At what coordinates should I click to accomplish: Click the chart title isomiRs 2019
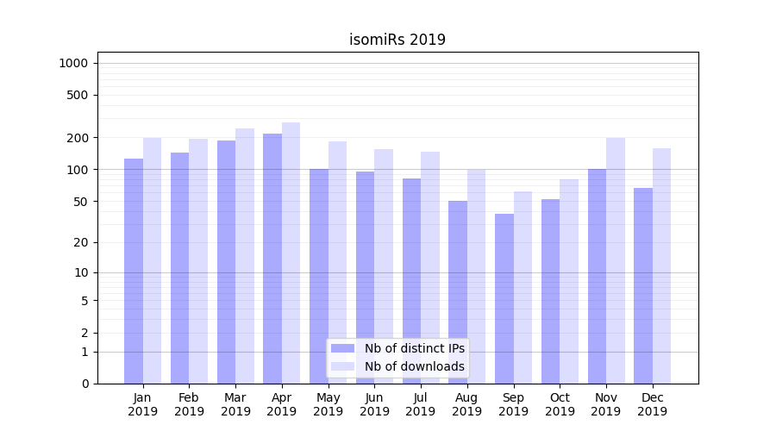[397, 40]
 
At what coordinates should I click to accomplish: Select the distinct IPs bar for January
[134, 271]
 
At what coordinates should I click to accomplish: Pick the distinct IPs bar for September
[504, 298]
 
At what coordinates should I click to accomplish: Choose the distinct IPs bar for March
[226, 262]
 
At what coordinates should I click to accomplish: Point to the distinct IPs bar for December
[643, 285]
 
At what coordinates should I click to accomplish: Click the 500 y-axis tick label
[77, 95]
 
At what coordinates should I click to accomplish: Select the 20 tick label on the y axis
[80, 242]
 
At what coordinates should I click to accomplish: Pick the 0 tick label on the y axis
[84, 384]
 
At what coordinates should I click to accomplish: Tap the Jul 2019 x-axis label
[421, 404]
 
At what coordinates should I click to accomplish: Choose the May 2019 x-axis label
[328, 404]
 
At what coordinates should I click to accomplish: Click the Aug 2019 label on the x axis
[467, 404]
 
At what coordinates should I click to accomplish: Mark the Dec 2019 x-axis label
[653, 404]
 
